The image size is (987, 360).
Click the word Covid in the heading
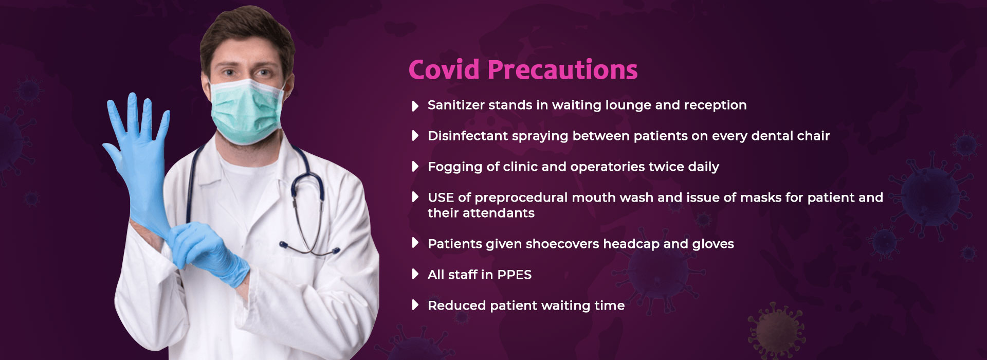[x=444, y=69]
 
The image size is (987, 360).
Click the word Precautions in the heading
[x=562, y=69]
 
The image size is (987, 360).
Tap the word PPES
[x=514, y=275]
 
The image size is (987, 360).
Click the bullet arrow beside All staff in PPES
[x=415, y=274]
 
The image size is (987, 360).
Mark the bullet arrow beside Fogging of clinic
[x=415, y=166]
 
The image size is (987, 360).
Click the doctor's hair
[x=247, y=36]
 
